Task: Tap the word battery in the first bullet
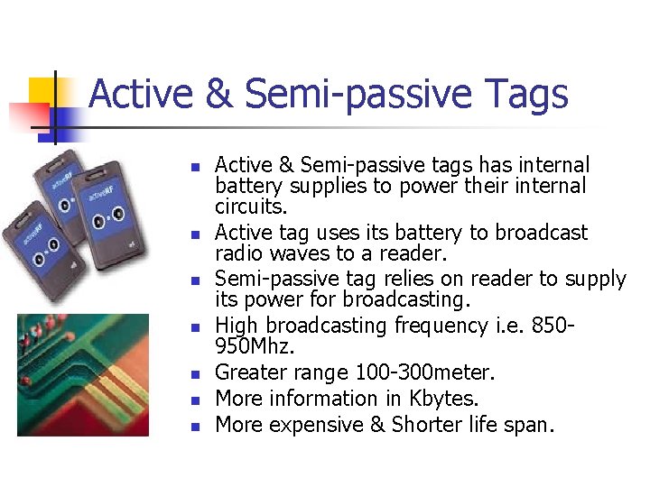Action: (246, 187)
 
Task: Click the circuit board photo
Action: (83, 374)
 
